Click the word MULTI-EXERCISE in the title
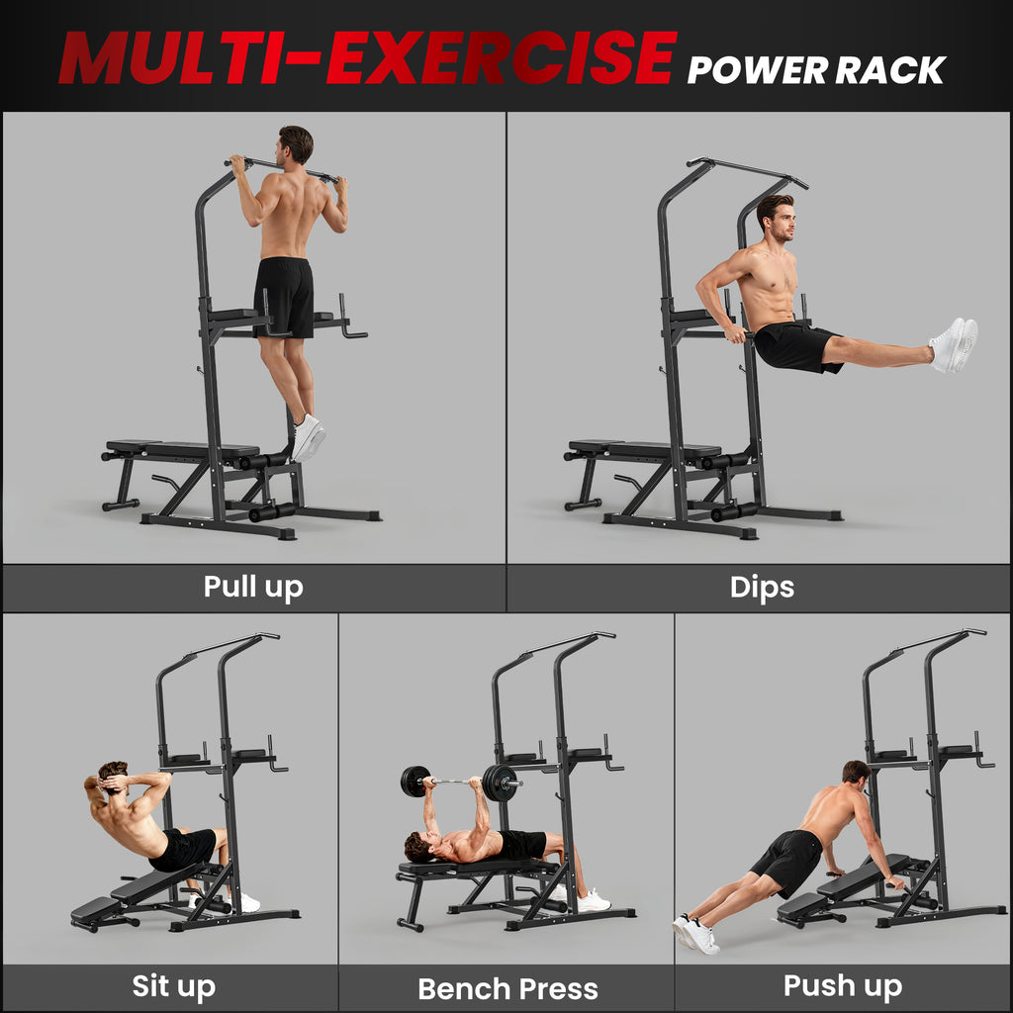[366, 58]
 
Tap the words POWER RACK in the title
[816, 69]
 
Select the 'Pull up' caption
[253, 587]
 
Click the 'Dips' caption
[762, 587]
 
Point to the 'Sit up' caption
[174, 986]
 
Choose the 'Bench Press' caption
[507, 988]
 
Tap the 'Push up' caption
[843, 985]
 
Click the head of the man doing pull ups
[295, 144]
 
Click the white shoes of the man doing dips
[953, 344]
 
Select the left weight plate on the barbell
[414, 782]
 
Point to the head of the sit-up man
[112, 778]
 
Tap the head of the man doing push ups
[855, 774]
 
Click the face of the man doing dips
[780, 219]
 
